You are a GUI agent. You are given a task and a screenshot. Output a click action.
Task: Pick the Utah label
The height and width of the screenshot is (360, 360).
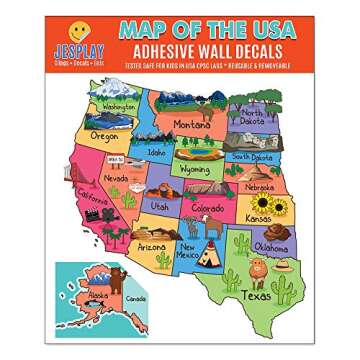159,204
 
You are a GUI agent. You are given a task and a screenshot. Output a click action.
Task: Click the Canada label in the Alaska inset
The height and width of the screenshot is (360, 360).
135,297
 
